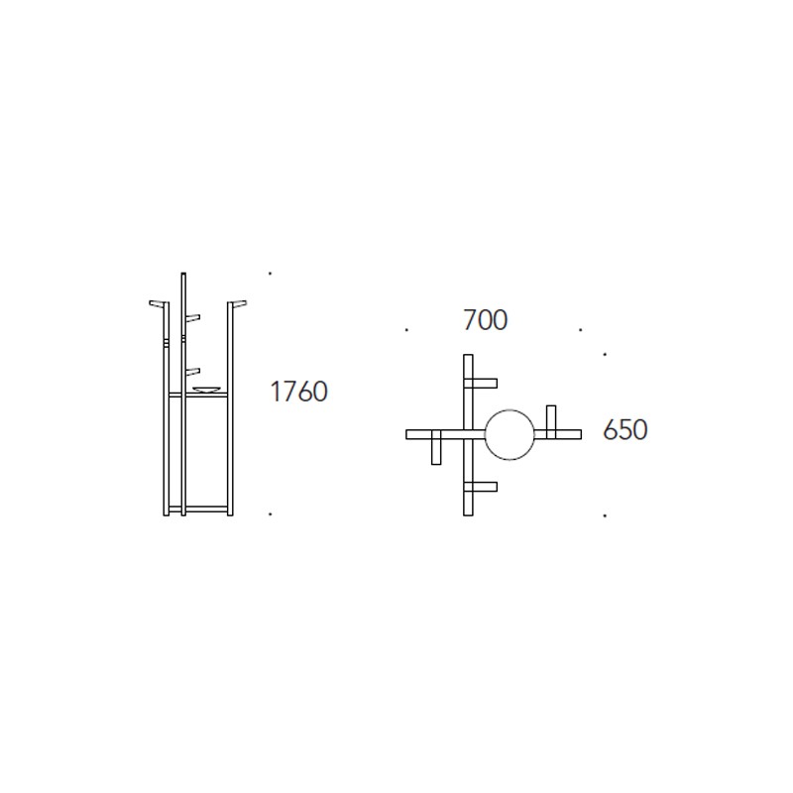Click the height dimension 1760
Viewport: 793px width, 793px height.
click(299, 392)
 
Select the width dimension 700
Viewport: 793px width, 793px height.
click(485, 320)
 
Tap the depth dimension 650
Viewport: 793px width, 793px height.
click(625, 430)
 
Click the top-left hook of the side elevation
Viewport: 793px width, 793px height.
click(158, 303)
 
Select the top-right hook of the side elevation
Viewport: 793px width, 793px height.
click(238, 303)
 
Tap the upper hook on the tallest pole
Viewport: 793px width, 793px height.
click(192, 317)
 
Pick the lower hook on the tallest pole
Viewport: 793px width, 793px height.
click(192, 372)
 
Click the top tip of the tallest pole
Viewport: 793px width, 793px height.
click(183, 274)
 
